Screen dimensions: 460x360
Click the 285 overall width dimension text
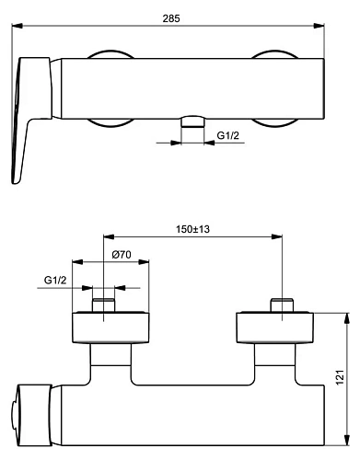pos(171,18)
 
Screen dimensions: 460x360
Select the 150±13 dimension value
pos(192,229)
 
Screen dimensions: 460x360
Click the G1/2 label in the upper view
pos(229,136)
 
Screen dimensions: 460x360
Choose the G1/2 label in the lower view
pos(54,281)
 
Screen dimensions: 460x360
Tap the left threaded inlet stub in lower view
pos(104,305)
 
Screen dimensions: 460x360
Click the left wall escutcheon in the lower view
pos(110,328)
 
